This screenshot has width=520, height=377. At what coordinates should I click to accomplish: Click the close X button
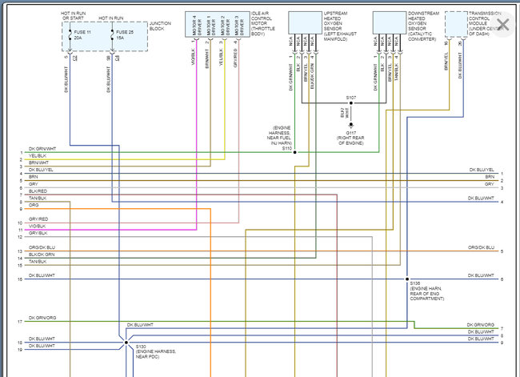pos(502,24)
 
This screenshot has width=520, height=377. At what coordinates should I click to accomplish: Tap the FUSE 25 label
pos(123,32)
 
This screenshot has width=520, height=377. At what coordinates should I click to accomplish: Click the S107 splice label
pos(351,98)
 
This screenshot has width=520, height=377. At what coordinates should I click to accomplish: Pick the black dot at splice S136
pos(407,279)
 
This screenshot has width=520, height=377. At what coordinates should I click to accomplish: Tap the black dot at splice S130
pos(126,340)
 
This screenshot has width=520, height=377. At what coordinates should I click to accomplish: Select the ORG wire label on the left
pos(33,205)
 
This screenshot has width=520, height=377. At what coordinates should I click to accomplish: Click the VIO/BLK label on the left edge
pos(37,225)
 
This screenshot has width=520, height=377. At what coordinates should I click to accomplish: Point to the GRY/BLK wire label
pos(37,233)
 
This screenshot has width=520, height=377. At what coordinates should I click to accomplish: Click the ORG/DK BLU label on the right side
pos(481,247)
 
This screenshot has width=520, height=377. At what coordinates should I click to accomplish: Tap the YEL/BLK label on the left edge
pos(37,155)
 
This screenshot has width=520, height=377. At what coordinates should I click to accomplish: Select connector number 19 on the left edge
pos(19,350)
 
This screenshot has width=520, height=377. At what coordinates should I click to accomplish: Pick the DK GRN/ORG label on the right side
pos(481,325)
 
